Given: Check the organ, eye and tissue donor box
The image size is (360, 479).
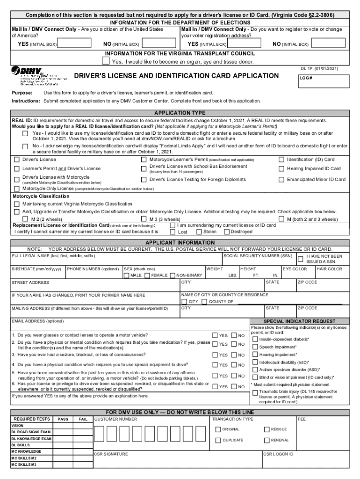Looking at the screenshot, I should tap(106, 61).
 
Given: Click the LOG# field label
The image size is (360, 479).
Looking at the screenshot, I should tap(306, 79).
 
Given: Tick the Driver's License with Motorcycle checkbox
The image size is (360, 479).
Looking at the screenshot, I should tap(16, 178).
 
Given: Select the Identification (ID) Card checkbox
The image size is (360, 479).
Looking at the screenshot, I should tap(281, 160).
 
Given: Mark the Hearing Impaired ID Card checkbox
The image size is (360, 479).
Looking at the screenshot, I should tap(281, 169).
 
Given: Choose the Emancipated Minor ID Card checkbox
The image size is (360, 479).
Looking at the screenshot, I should tap(281, 180).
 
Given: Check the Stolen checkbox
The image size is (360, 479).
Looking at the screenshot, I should tap(199, 232).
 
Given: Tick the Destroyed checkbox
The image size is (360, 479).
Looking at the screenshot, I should tap(227, 232).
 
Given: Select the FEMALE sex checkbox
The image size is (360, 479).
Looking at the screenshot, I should tap(147, 276).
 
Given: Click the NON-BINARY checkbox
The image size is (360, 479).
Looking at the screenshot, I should tap(172, 276).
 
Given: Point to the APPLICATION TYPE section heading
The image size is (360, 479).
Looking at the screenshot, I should tap(180, 113).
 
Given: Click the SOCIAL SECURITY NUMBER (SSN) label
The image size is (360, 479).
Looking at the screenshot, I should tap(258, 256).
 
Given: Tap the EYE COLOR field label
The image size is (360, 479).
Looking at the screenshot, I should tap(295, 269).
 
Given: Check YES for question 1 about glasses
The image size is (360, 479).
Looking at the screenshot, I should tap(215, 335).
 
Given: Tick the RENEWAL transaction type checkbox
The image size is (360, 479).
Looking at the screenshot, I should tap(267, 440).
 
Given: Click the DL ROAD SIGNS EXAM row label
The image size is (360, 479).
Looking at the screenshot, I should tap(31, 432).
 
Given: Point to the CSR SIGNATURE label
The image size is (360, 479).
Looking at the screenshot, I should tap(111, 454).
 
